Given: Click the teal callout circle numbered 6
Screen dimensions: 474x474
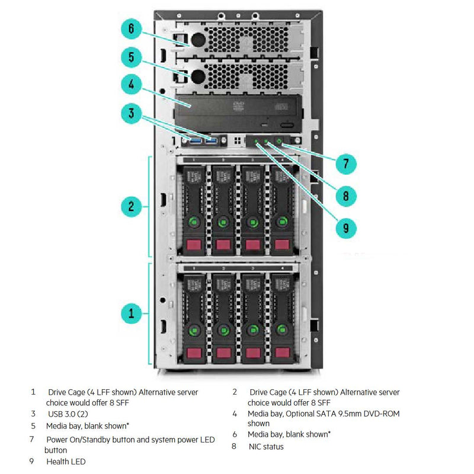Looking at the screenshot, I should click(x=132, y=28).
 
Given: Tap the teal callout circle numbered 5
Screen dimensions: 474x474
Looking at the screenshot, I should click(x=132, y=56).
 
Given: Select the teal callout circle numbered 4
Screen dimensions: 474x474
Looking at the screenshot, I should click(x=132, y=84).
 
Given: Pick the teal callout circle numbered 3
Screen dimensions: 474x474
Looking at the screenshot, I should click(x=132, y=113).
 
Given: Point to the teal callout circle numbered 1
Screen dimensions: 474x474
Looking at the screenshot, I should click(x=132, y=312).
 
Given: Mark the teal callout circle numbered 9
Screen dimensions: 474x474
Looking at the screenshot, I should click(x=345, y=226).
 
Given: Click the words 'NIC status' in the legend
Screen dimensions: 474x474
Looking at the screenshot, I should click(x=266, y=446).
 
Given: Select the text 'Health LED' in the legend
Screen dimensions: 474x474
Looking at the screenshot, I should click(x=66, y=461).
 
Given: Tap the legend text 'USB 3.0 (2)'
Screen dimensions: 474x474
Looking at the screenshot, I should click(x=68, y=413).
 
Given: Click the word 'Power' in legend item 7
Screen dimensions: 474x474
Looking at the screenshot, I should click(x=57, y=439).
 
